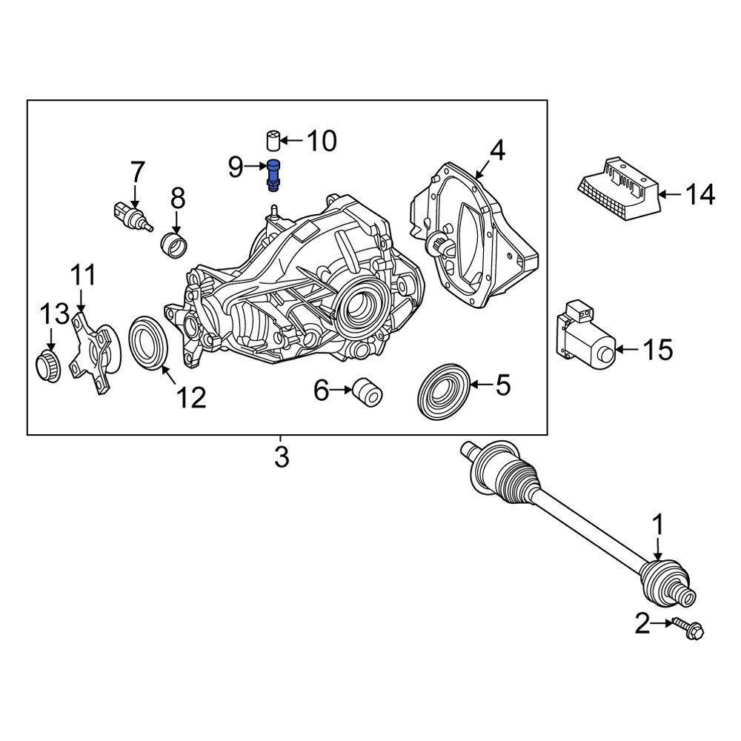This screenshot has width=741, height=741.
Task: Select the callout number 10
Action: tap(321, 140)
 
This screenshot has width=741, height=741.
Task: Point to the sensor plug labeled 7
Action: tap(128, 213)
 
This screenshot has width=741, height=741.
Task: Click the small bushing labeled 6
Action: tap(367, 391)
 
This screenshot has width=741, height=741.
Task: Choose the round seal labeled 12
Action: tap(150, 341)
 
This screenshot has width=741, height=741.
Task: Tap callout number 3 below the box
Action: tap(281, 457)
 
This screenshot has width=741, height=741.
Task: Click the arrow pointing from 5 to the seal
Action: tap(478, 385)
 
